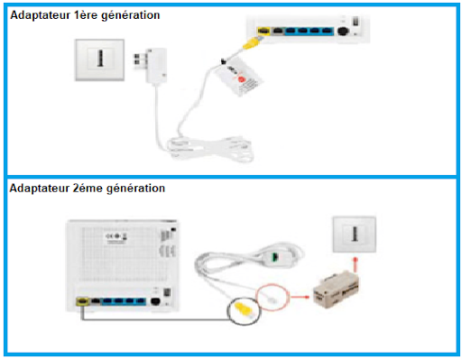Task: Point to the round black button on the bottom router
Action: (154, 304)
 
